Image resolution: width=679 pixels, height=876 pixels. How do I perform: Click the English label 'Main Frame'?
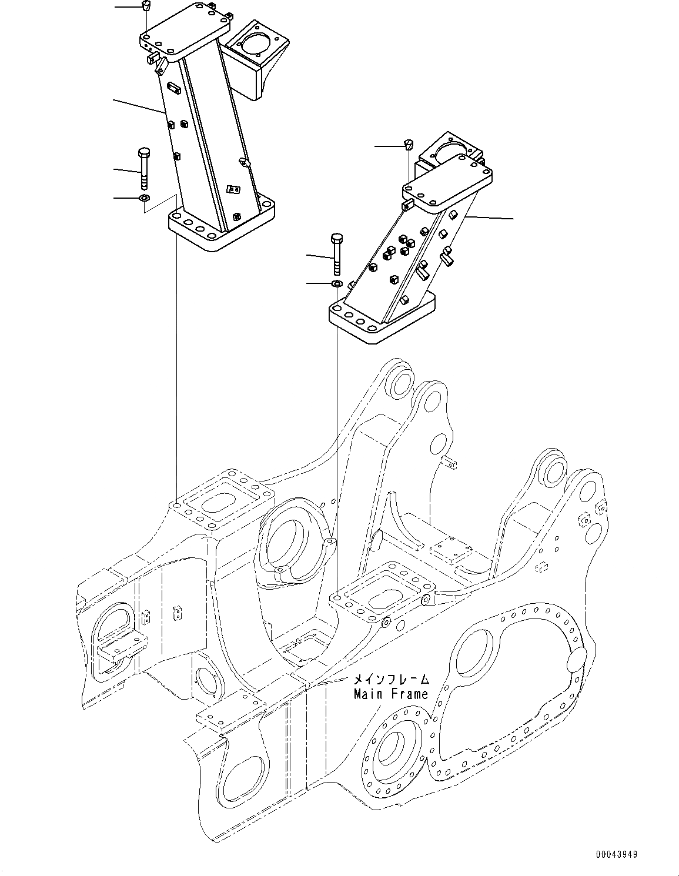point(390,694)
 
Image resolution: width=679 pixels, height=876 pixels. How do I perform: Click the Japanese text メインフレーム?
point(390,680)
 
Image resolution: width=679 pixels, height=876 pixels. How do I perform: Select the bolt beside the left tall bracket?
point(144,165)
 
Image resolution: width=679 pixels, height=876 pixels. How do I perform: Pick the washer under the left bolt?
point(144,197)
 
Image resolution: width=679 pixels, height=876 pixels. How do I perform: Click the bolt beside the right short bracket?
point(337,253)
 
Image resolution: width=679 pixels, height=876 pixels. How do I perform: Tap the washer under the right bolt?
point(337,285)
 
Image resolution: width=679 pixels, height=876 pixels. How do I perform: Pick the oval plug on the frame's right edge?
point(576,658)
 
